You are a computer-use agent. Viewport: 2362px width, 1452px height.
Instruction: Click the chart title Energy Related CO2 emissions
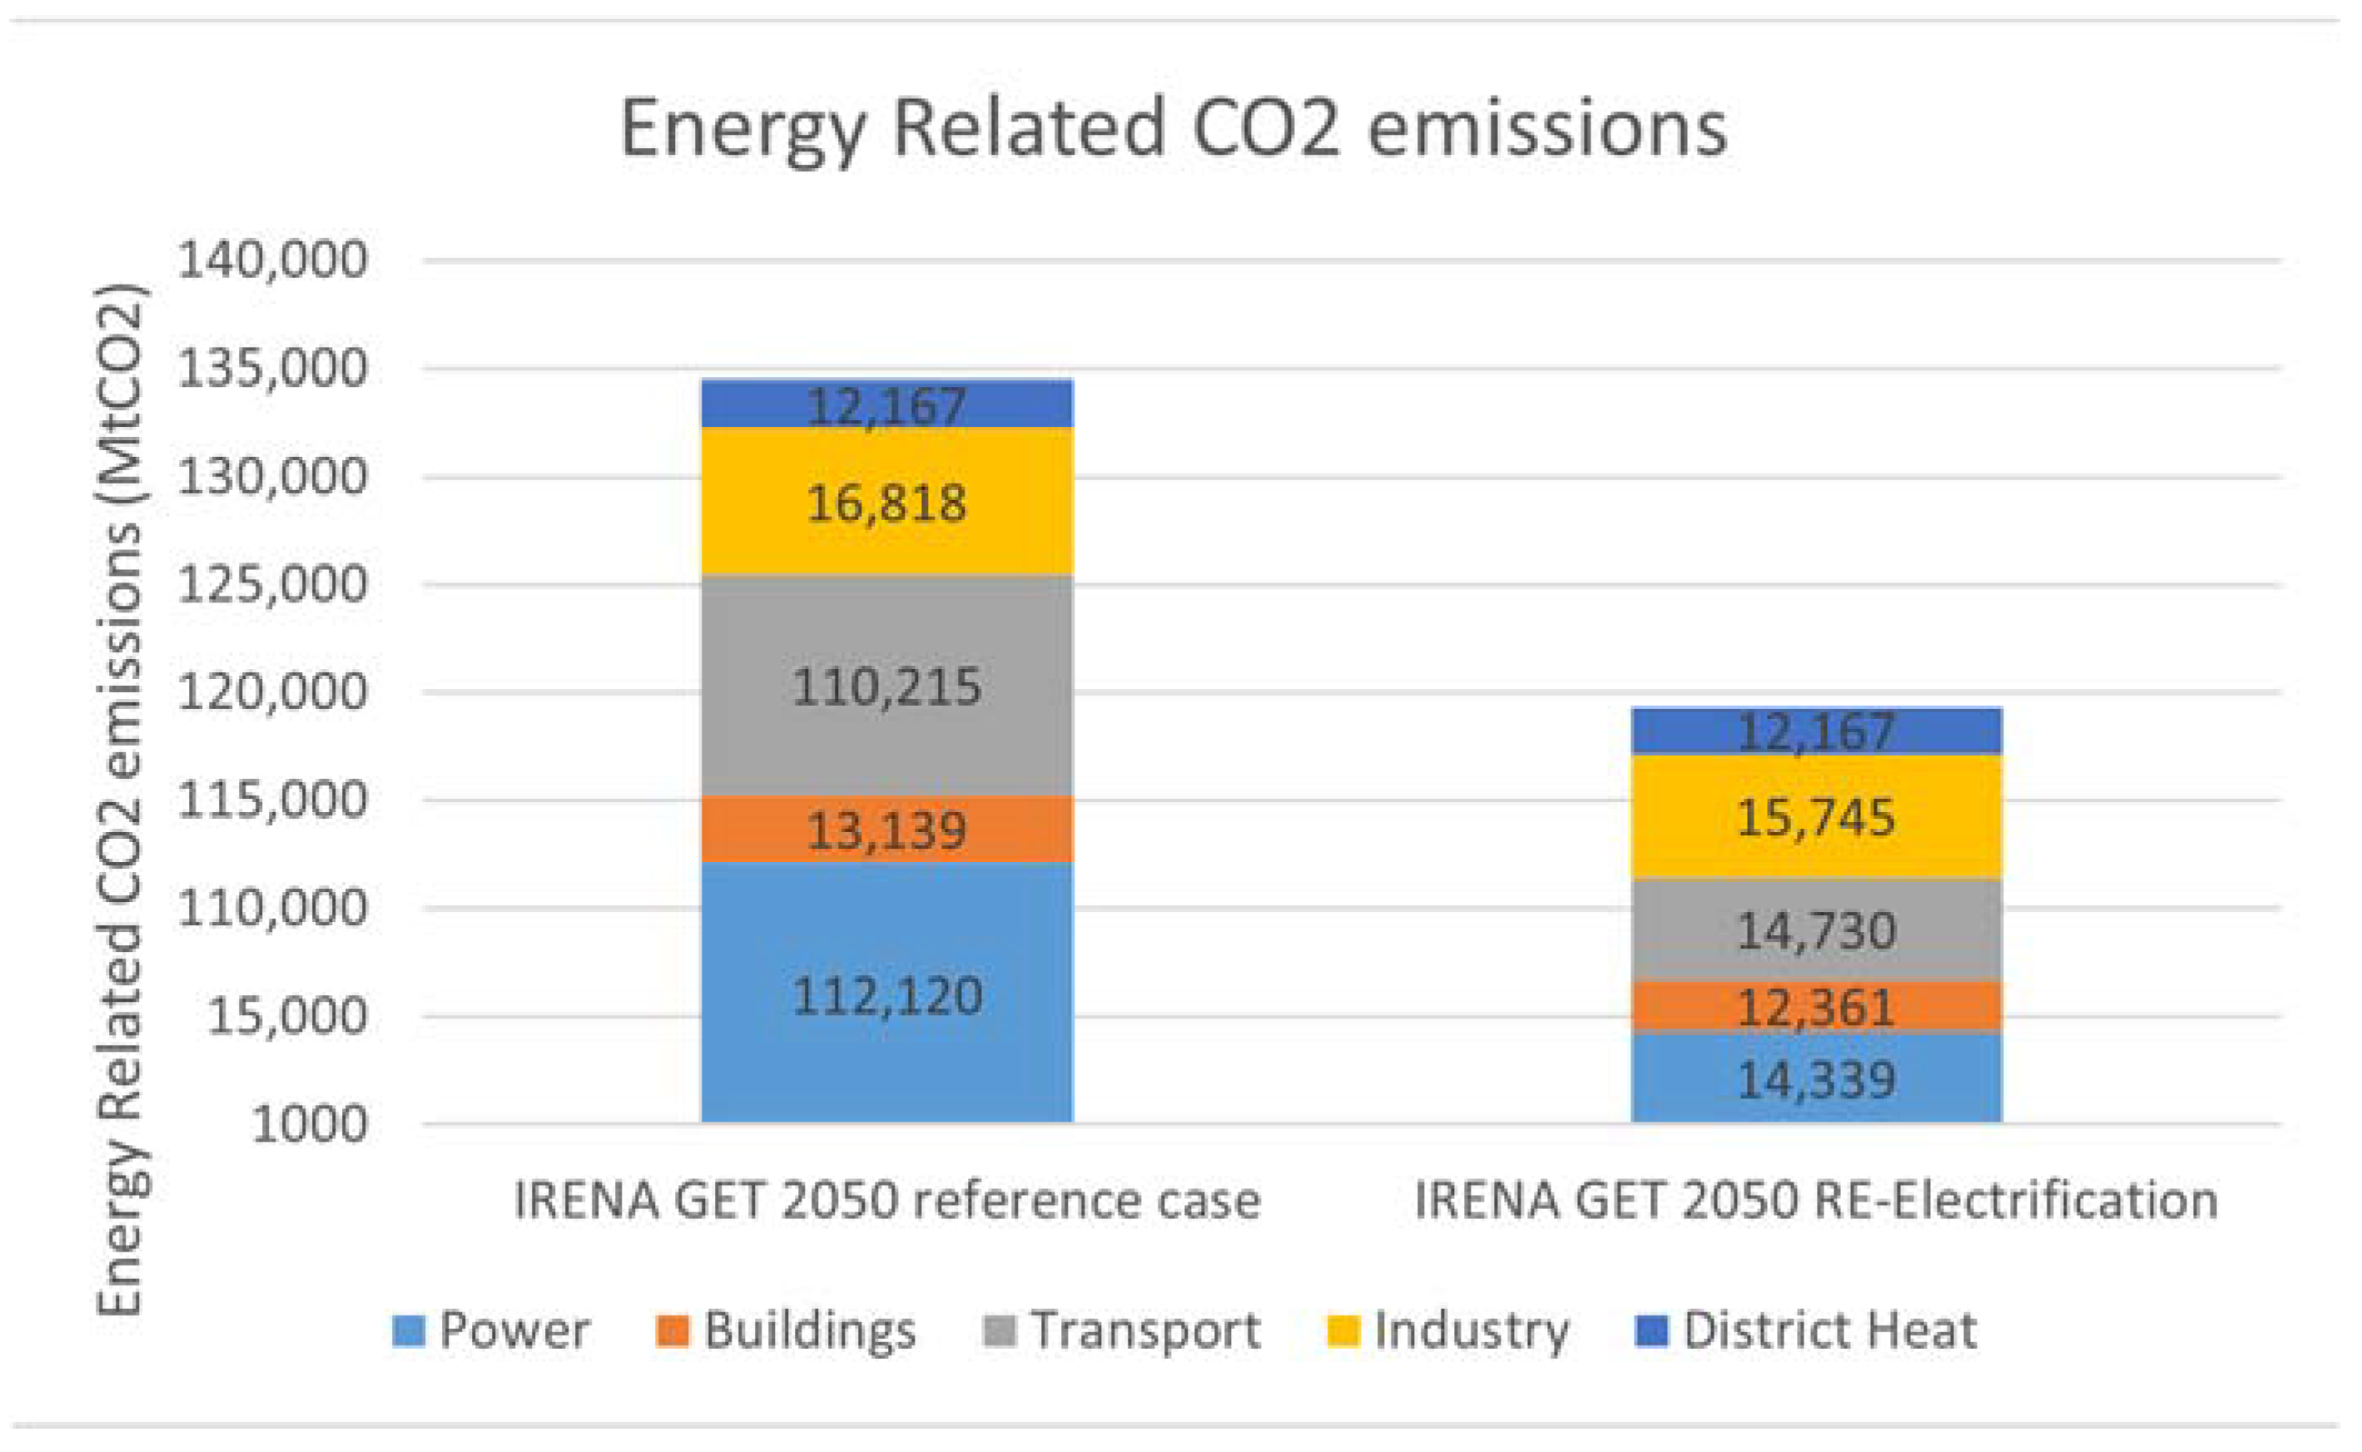[x=1173, y=129]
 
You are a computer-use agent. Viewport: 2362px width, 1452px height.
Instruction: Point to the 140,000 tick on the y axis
[x=272, y=260]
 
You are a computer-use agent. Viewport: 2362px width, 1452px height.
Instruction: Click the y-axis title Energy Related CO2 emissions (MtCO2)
[x=120, y=799]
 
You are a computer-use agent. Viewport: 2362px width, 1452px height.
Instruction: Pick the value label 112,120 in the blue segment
[x=886, y=996]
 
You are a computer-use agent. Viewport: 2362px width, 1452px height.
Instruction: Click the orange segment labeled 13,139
[x=886, y=830]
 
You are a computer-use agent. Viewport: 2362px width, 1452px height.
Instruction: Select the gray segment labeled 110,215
[x=886, y=686]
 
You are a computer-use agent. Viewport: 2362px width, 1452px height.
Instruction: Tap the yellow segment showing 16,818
[x=886, y=503]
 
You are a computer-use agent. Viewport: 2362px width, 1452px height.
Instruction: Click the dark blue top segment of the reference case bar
[x=886, y=404]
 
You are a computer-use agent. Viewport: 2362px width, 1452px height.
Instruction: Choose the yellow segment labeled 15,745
[x=1815, y=817]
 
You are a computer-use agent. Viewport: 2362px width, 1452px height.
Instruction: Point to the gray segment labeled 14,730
[x=1815, y=929]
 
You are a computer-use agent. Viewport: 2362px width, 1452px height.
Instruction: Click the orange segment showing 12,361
[x=1815, y=1006]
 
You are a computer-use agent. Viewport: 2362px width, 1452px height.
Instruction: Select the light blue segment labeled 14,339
[x=1815, y=1078]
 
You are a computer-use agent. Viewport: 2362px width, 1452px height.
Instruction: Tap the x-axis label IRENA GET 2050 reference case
[x=886, y=1201]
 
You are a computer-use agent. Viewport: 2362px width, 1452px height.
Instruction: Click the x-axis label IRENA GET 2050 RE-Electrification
[x=1815, y=1201]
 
